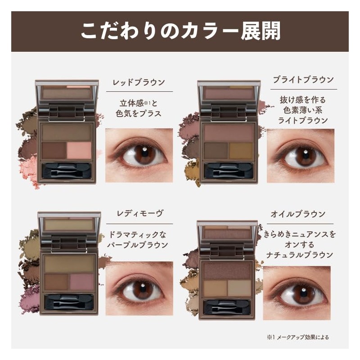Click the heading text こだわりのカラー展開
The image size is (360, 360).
click(180, 31)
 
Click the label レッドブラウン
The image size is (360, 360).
click(138, 82)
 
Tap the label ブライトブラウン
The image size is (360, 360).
click(304, 80)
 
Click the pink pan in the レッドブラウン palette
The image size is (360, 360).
click(79, 150)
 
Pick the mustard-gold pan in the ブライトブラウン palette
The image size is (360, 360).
click(241, 151)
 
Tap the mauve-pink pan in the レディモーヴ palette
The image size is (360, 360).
click(81, 282)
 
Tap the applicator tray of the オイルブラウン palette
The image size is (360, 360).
click(227, 307)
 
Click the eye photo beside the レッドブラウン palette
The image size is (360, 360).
click(139, 155)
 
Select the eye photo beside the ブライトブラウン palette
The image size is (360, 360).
click(301, 156)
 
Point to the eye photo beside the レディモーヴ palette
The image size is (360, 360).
click(139, 288)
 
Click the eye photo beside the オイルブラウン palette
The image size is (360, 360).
click(297, 293)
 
